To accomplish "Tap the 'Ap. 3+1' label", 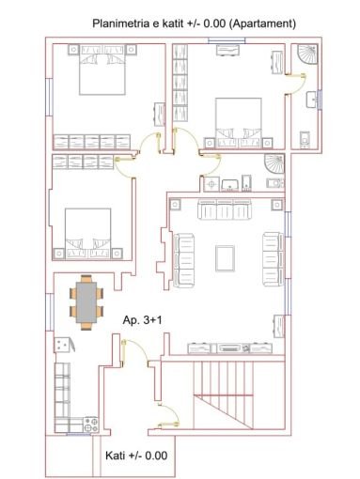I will (x=143, y=321).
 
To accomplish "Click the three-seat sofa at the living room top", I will (x=225, y=212).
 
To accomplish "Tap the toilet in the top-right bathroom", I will (x=305, y=139).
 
